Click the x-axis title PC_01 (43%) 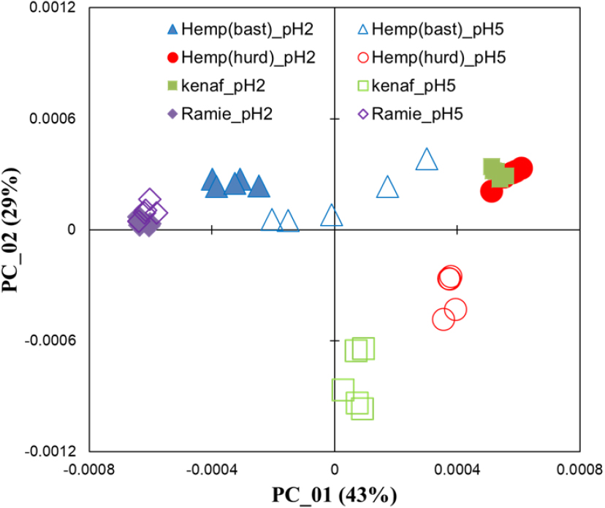pos(334,496)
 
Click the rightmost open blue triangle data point pos(427,159)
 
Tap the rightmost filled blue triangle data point pos(259,187)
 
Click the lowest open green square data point pos(362,408)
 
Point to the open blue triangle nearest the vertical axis pos(332,216)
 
